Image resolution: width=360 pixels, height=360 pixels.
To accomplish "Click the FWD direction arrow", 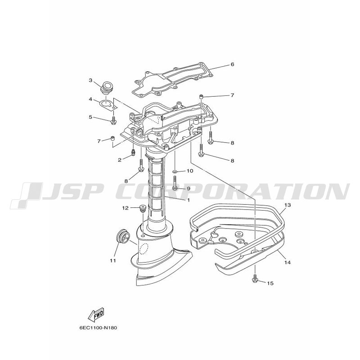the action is click(x=96, y=314).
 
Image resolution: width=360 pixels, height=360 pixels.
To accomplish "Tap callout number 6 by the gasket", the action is click(x=232, y=64).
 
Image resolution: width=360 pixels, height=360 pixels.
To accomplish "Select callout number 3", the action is click(x=90, y=81).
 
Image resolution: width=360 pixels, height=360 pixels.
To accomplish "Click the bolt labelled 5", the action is click(x=113, y=121).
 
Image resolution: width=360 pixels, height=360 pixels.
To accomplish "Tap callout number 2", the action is click(x=120, y=160).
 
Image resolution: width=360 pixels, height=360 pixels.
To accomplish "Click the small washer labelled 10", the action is click(x=175, y=171).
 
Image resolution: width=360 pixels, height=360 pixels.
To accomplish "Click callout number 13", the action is click(x=288, y=205).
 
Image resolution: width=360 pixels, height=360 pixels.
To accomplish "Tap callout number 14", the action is click(x=288, y=262).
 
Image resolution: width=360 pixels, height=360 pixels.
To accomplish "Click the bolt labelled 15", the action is click(x=255, y=278).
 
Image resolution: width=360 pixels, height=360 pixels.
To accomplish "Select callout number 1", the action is click(x=189, y=200).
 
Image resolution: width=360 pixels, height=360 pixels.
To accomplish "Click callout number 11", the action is click(x=113, y=261).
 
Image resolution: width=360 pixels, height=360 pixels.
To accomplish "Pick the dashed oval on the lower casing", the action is click(x=144, y=248).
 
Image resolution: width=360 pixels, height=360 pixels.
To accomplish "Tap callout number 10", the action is click(x=190, y=171).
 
